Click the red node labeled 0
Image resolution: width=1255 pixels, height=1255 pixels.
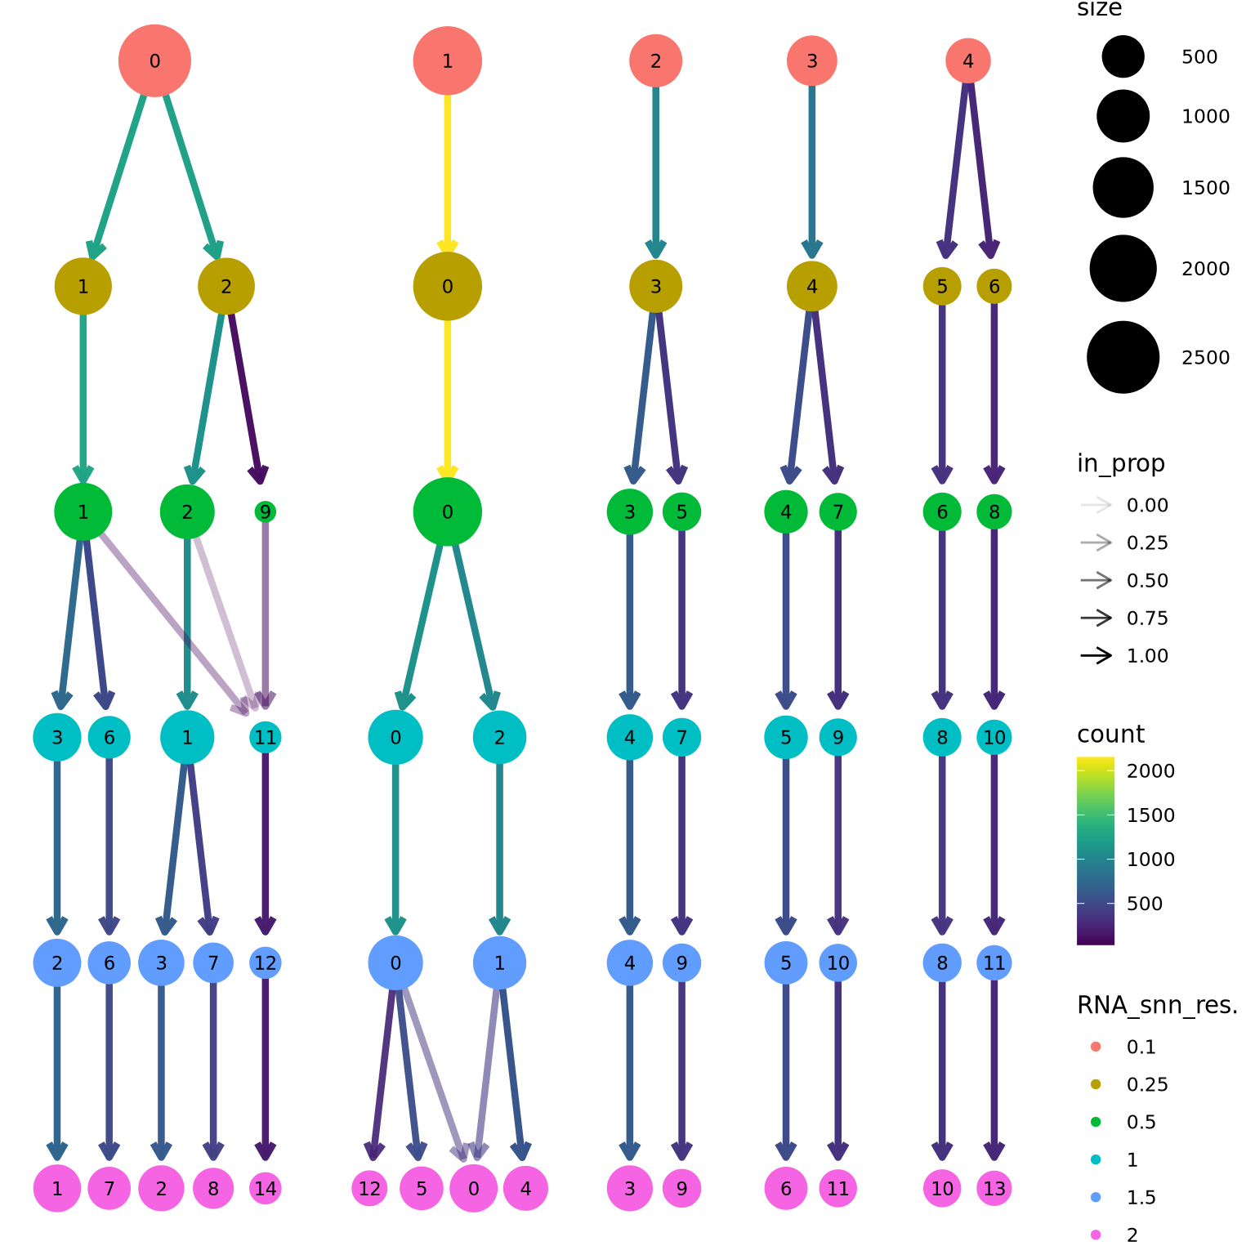tap(154, 60)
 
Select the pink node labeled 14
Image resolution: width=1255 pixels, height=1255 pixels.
tap(266, 1188)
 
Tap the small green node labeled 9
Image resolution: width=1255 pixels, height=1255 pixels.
tap(265, 511)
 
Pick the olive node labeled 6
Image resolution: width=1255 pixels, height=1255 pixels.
tap(994, 286)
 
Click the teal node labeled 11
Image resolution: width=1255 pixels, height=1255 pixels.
tap(266, 737)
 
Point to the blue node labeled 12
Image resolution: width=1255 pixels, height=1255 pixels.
tap(265, 962)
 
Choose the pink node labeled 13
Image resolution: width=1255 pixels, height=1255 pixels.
tap(994, 1188)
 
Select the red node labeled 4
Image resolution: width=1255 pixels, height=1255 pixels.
tap(968, 60)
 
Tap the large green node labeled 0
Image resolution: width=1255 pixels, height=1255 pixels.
tap(447, 511)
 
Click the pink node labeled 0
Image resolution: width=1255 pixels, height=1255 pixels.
tap(473, 1188)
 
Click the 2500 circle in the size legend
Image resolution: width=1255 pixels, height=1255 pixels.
tap(1123, 357)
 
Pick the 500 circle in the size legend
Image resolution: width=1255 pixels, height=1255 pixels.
tap(1123, 56)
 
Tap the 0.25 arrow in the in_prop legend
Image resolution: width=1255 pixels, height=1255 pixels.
tap(1096, 543)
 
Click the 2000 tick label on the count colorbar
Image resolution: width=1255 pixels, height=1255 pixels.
tap(1150, 770)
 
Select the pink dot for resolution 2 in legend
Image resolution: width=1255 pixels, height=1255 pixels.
tap(1096, 1235)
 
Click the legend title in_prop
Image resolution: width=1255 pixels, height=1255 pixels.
tap(1120, 463)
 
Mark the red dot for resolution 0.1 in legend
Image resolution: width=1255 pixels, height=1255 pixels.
tap(1096, 1047)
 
